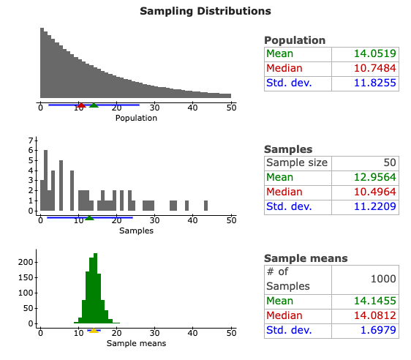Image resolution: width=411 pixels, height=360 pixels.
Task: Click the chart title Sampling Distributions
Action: coord(205,11)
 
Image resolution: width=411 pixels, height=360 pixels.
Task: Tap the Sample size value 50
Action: coord(388,162)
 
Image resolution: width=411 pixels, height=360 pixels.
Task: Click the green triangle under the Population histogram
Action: coord(94,105)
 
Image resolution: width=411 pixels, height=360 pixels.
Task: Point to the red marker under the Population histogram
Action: coord(81,105)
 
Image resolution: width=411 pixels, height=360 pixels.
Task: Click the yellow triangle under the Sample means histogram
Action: coord(94,331)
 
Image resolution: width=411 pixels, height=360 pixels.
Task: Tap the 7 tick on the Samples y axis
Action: coord(31,140)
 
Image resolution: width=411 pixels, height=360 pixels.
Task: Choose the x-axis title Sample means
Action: coord(136,343)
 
